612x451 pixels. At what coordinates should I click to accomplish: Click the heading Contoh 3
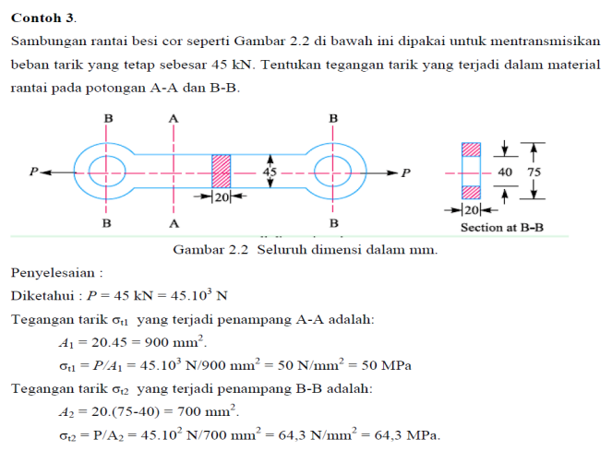(43, 18)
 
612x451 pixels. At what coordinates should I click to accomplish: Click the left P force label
(34, 172)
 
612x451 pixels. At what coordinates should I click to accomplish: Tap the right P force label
(406, 172)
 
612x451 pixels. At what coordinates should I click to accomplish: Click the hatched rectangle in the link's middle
(221, 172)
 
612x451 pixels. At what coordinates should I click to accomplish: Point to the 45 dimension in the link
(270, 172)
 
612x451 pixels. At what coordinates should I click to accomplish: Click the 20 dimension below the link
(222, 197)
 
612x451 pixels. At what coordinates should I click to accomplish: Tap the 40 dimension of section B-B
(505, 172)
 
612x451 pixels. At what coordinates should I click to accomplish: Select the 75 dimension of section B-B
(534, 172)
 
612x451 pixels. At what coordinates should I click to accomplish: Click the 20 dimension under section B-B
(472, 210)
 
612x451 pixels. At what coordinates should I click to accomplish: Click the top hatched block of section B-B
(471, 149)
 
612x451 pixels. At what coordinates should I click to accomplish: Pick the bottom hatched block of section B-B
(471, 193)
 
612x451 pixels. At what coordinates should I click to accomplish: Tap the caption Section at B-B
(502, 228)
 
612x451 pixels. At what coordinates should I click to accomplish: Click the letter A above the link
(174, 119)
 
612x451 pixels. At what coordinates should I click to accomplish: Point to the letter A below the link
(174, 223)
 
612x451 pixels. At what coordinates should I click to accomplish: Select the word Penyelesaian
(53, 272)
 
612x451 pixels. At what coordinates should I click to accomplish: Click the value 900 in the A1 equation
(157, 342)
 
